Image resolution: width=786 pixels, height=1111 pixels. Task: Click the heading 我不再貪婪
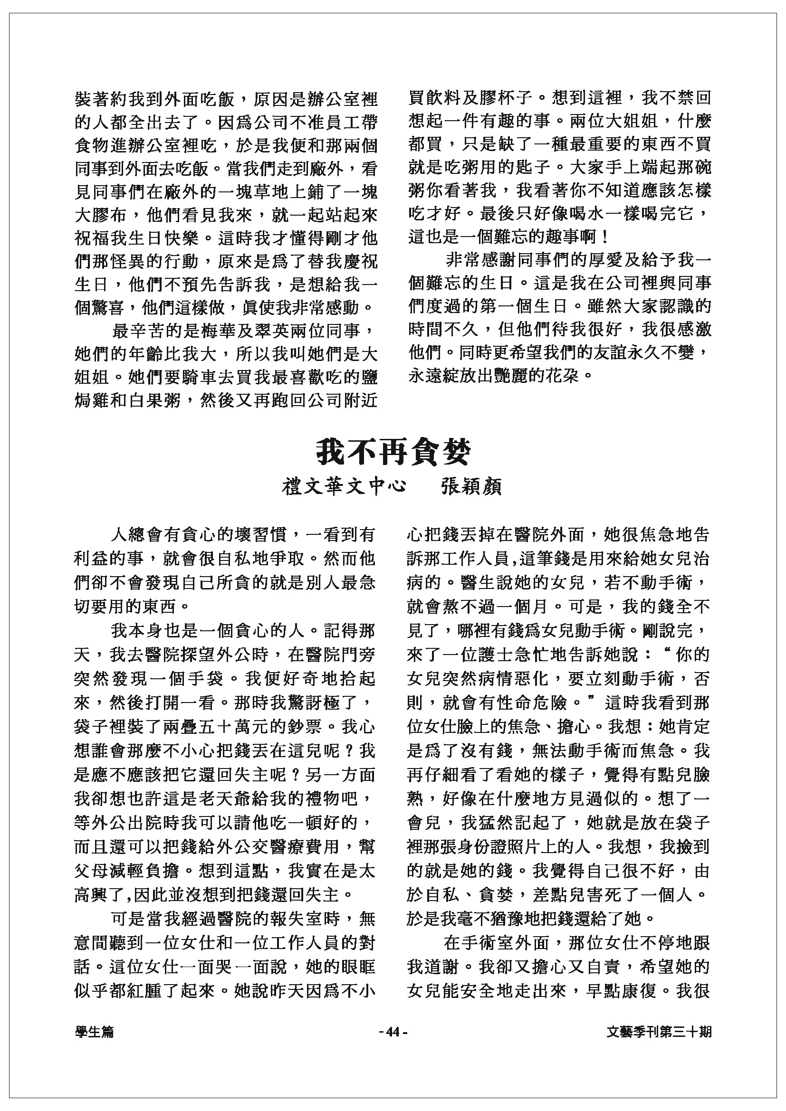tap(393, 453)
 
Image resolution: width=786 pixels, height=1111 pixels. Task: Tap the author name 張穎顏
tap(471, 487)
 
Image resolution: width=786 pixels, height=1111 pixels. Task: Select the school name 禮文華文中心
tap(344, 487)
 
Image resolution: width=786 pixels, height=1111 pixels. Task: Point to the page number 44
tap(393, 1032)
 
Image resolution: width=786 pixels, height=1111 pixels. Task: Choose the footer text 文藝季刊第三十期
tap(659, 1032)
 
